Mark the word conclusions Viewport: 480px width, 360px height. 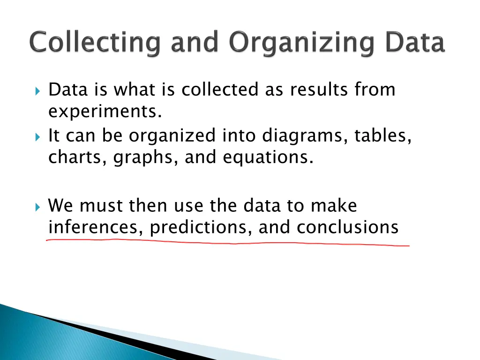click(347, 227)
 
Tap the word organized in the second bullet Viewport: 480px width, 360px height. click(172, 136)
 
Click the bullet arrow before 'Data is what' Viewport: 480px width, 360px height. click(38, 90)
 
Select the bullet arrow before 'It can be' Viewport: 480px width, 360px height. click(38, 136)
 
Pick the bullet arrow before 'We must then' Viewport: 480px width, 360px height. click(38, 206)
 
